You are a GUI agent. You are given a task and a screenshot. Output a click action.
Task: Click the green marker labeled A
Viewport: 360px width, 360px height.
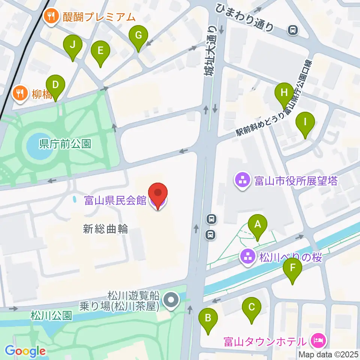(258, 225)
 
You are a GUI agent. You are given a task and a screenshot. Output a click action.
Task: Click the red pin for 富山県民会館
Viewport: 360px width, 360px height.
(158, 194)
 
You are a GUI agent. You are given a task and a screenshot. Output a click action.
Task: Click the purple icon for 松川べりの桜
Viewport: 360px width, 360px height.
(247, 258)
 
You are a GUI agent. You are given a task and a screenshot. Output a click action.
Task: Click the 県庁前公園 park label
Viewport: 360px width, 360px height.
(65, 144)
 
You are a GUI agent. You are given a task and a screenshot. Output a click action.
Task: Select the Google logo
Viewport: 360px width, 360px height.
(25, 351)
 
